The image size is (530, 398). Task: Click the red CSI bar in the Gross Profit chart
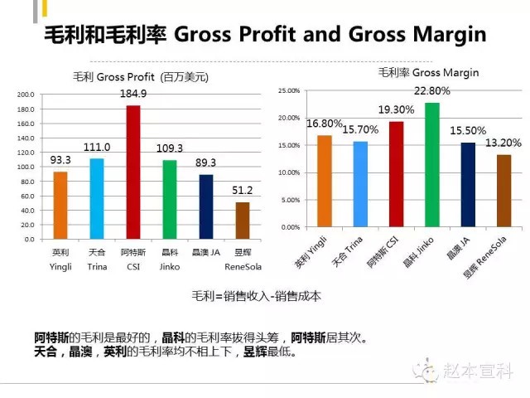(132, 172)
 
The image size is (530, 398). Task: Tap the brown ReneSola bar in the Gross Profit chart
(242, 220)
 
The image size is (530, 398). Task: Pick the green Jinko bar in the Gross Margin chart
(432, 164)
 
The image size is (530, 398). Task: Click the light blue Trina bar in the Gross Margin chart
(359, 183)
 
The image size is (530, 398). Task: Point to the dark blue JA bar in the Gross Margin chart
(468, 184)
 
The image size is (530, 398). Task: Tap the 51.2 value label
(242, 190)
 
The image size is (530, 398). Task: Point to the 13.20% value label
(503, 142)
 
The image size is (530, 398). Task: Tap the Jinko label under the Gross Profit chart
(169, 268)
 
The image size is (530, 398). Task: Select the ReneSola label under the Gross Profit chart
(242, 268)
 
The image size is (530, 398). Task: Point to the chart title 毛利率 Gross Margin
(428, 73)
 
